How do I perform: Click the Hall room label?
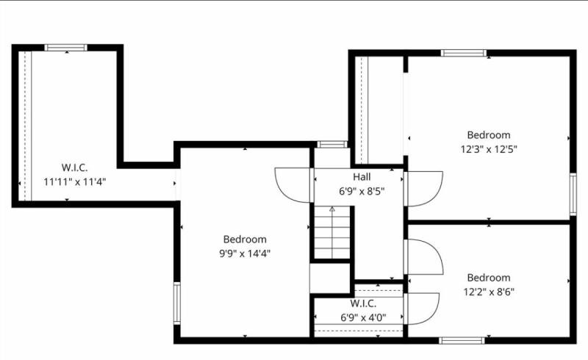[362, 177]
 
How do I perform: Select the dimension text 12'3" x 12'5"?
[489, 148]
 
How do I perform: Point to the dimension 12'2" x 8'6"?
[489, 291]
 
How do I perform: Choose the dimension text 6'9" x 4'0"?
[363, 317]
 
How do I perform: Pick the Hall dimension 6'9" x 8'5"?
[362, 191]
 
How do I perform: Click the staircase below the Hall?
[332, 233]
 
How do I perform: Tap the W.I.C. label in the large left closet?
[74, 168]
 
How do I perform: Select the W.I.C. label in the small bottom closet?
[364, 303]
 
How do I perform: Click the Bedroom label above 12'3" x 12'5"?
[489, 134]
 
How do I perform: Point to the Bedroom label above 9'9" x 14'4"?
[245, 240]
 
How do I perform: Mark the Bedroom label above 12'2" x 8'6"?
[489, 278]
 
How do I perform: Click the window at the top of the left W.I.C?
[66, 48]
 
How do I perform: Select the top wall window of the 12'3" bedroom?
[463, 53]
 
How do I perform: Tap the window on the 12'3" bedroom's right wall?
[573, 194]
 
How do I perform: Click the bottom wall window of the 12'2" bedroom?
[462, 339]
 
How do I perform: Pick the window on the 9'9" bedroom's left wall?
[176, 303]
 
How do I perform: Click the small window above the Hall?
[333, 144]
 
